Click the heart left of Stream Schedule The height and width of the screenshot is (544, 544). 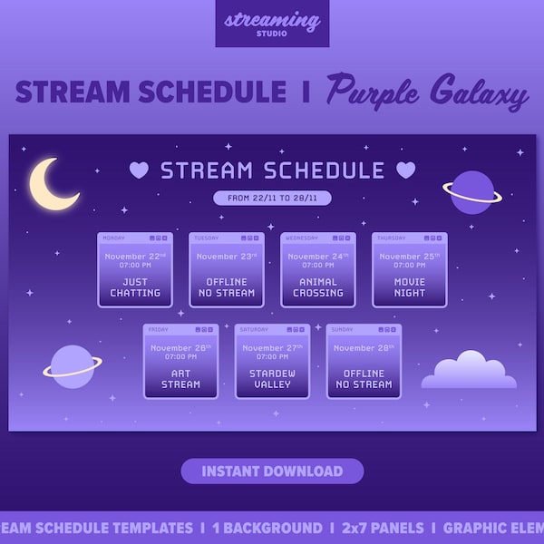[x=138, y=170]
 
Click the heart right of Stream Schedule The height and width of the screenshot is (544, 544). [x=405, y=170]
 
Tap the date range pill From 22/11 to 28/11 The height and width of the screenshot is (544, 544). [x=272, y=198]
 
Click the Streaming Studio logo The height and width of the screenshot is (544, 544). [x=272, y=23]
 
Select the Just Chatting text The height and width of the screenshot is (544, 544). [x=135, y=287]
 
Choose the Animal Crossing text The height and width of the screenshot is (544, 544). [x=318, y=287]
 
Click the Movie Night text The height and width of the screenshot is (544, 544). [x=410, y=287]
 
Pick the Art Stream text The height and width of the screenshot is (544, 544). [x=180, y=379]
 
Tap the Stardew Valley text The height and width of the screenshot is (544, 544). [x=272, y=379]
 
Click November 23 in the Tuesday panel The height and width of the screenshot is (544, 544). [x=227, y=257]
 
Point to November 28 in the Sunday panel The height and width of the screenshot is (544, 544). [x=364, y=348]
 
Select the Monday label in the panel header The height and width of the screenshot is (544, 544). [x=114, y=238]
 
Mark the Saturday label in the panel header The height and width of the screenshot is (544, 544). [x=253, y=330]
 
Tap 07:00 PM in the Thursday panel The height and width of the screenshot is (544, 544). [x=410, y=266]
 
